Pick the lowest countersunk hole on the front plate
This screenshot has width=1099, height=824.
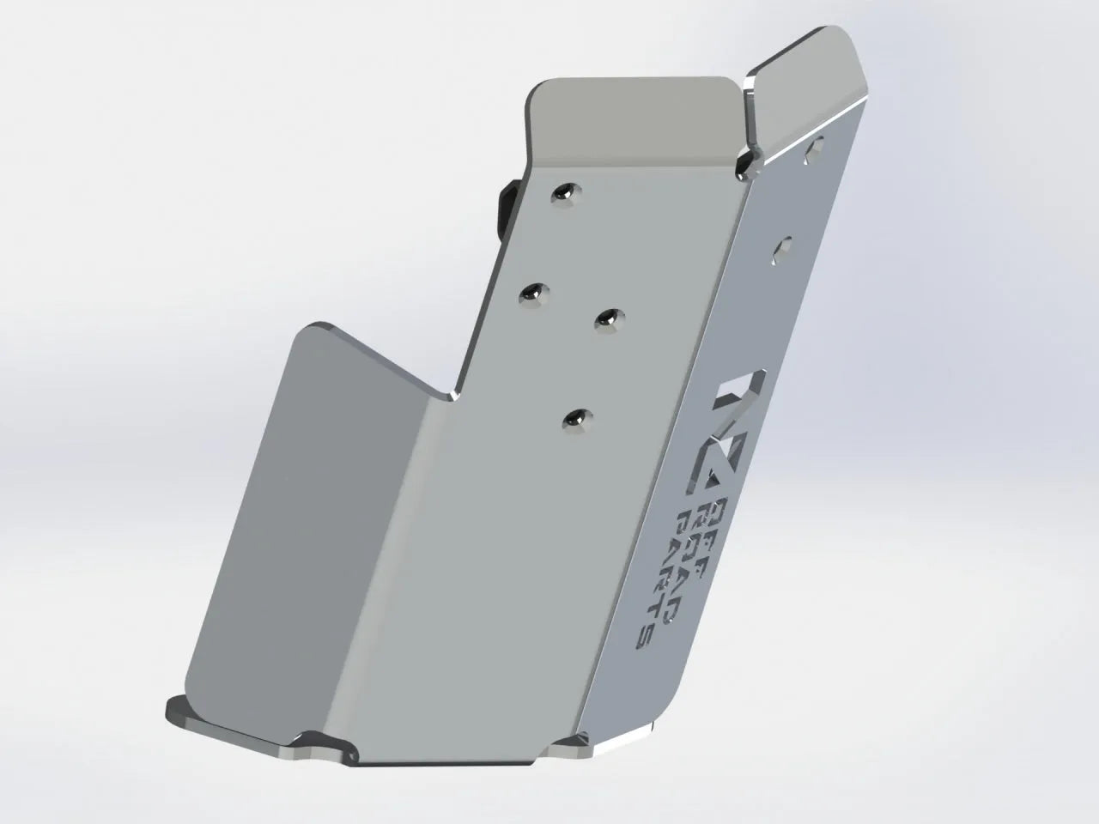(576, 419)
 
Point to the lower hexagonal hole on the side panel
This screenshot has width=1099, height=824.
(782, 249)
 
